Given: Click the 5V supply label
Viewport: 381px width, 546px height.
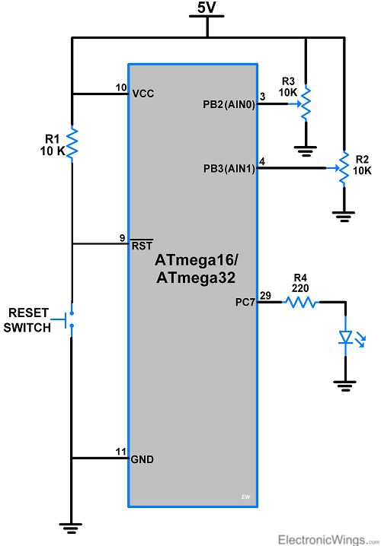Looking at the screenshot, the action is click(x=207, y=8).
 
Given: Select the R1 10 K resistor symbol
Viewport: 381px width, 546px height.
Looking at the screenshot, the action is click(x=72, y=144).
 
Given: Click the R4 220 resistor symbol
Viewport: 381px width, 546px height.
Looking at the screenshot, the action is click(x=300, y=302).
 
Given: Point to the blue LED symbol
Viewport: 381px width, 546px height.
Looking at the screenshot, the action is click(x=350, y=337).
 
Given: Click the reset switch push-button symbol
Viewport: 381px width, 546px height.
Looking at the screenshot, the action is click(x=69, y=320).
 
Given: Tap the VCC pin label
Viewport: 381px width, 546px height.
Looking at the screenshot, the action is click(x=143, y=94).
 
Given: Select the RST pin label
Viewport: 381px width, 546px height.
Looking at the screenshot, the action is click(x=142, y=245).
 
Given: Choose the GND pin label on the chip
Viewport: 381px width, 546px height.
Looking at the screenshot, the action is click(x=142, y=459).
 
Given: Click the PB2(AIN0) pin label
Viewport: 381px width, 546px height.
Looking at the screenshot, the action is click(x=229, y=104).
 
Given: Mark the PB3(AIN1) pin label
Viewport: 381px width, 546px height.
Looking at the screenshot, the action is click(x=229, y=169).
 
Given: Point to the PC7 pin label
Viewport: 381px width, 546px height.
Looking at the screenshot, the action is click(x=245, y=302).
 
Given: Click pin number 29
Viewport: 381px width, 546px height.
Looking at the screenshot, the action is click(x=265, y=296).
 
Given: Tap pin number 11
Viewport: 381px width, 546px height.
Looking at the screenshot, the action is click(x=120, y=452).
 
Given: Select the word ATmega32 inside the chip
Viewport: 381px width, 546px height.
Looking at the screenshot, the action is click(x=196, y=278).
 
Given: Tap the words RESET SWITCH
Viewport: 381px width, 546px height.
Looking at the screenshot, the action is click(x=27, y=320).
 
